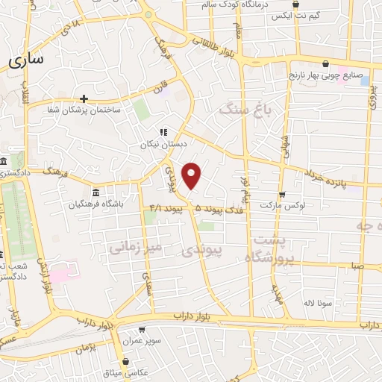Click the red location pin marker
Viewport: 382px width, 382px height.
click(x=192, y=176)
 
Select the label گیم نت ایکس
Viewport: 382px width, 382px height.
click(x=294, y=16)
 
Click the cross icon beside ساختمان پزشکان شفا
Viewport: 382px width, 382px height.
click(x=84, y=98)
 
